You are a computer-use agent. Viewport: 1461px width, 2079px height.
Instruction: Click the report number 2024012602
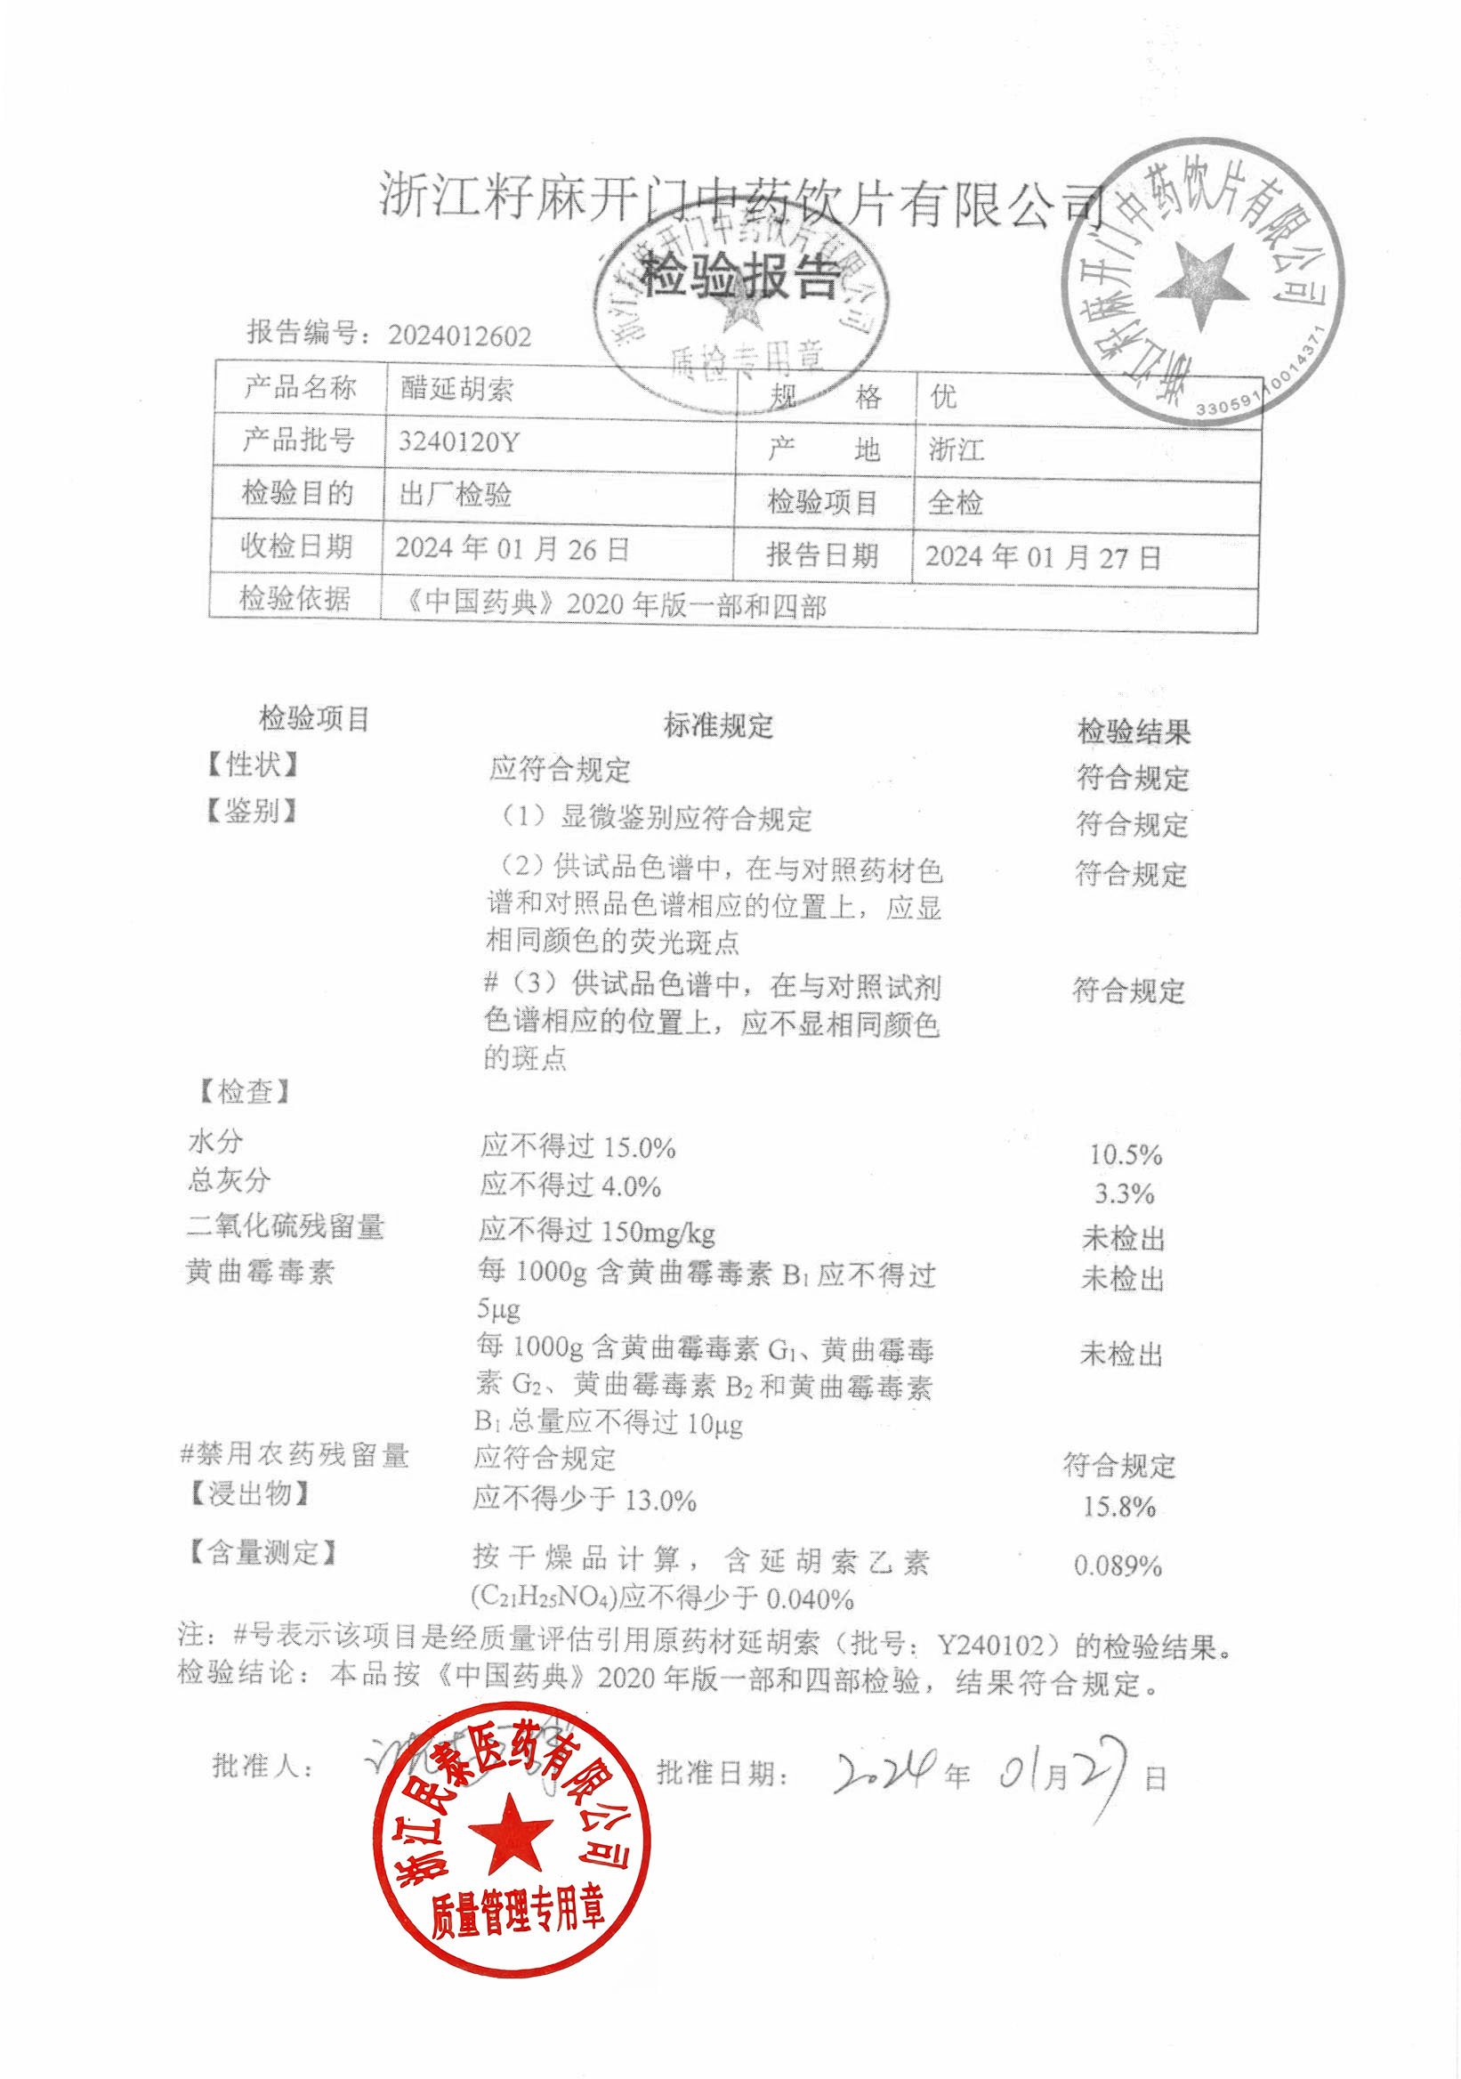[459, 336]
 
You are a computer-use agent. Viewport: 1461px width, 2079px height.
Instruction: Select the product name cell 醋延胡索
[457, 389]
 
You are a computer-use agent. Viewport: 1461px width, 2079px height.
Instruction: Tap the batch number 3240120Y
[459, 442]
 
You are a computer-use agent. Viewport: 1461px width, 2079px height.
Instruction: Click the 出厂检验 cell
[456, 495]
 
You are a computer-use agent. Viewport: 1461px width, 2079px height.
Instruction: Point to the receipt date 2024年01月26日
[512, 548]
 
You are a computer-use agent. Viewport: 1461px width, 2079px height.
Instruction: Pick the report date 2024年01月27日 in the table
[1042, 556]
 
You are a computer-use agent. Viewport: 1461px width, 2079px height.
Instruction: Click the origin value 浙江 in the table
[956, 449]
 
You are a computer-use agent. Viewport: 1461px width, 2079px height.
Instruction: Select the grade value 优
[943, 396]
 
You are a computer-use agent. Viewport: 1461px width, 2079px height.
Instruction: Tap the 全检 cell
[955, 502]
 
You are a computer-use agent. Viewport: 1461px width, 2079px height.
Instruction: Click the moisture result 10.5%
[1126, 1154]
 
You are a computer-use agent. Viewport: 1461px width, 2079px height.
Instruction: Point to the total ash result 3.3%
[1125, 1193]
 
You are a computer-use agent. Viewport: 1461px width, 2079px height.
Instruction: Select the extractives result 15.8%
[1118, 1507]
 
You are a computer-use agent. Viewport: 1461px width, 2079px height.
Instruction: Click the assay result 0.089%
[1118, 1565]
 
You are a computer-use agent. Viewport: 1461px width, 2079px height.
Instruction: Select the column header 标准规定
[718, 724]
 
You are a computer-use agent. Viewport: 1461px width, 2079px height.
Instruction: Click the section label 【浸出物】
[249, 1493]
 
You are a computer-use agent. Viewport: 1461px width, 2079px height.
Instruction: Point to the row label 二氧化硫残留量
[285, 1226]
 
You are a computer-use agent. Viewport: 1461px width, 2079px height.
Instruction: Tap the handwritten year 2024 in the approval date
[884, 1773]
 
